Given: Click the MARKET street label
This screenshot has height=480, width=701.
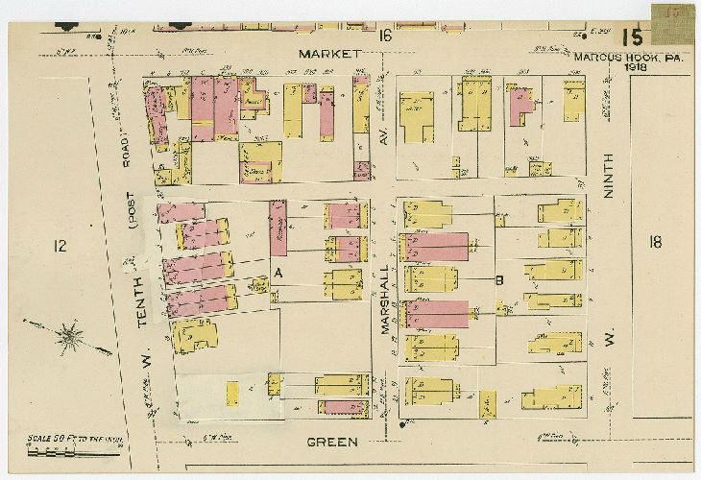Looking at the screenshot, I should tap(328, 54).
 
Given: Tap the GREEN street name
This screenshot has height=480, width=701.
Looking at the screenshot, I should tap(333, 443).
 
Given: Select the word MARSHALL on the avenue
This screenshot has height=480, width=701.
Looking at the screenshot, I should tap(384, 300).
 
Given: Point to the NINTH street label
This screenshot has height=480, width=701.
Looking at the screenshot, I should tap(607, 178).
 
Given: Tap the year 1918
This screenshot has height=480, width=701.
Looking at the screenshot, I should tap(636, 67).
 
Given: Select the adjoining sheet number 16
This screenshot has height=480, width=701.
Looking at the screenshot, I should tap(385, 36).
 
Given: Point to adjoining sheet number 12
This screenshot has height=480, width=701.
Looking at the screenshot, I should tap(60, 247).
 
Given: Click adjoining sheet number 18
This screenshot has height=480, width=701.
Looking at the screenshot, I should tap(655, 242).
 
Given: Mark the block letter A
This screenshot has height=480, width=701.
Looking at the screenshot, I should tap(278, 274).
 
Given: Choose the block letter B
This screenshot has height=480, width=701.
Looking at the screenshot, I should tap(499, 280).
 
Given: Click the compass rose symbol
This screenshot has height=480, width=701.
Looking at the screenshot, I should tap(70, 336).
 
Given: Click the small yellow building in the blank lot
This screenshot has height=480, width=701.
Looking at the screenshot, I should tap(231, 394).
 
